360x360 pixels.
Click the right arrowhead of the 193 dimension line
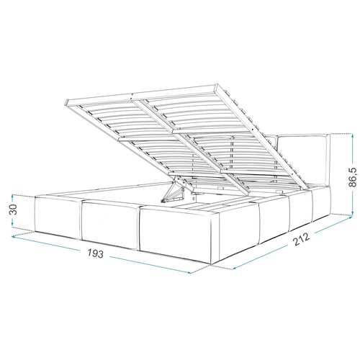click(191, 274)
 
